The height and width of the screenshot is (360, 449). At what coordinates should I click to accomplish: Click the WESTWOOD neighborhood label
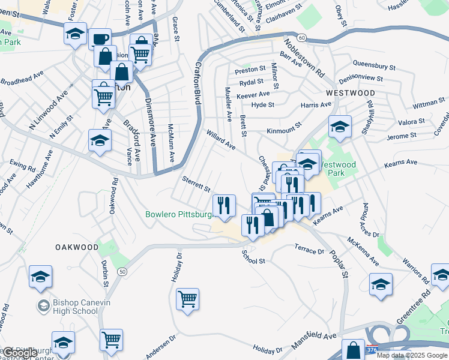(351, 94)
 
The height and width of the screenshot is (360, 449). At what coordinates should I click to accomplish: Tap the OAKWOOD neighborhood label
(77, 247)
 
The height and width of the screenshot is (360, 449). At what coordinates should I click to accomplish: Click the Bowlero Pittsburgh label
(179, 214)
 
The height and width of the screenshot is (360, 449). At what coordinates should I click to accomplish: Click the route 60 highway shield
(301, 37)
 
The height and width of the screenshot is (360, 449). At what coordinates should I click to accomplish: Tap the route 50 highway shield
(122, 272)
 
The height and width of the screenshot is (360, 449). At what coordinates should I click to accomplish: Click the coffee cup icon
(100, 40)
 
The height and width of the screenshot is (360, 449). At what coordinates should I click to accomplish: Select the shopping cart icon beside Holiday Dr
(188, 298)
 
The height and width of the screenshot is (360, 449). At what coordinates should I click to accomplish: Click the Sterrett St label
(196, 183)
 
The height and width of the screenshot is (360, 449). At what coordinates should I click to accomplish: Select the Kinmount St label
(283, 130)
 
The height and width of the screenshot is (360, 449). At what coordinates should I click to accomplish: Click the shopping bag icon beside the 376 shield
(353, 350)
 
